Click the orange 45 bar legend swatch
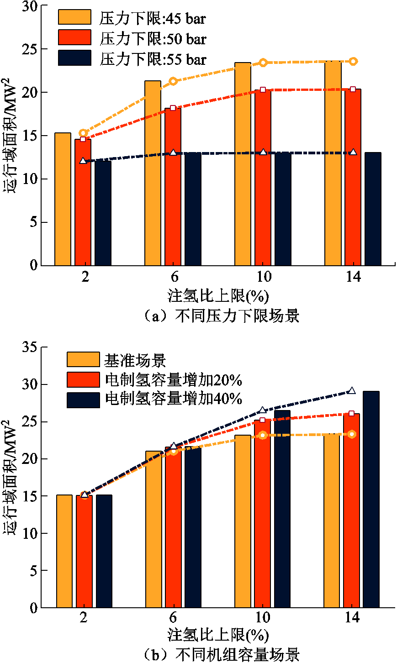coord(74,17)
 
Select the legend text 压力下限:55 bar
coord(153,59)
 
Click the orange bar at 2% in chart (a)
coord(63,199)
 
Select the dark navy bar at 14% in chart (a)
coord(373,209)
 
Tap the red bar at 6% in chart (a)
coord(173,187)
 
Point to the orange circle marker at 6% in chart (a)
coord(173,81)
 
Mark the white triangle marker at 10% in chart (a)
coord(263,152)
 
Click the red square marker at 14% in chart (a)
coord(353,89)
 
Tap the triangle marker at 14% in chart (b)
coord(352,391)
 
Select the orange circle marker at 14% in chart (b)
coord(352,434)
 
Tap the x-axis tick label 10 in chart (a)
coord(263,277)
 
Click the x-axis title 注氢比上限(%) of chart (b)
coord(218,635)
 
